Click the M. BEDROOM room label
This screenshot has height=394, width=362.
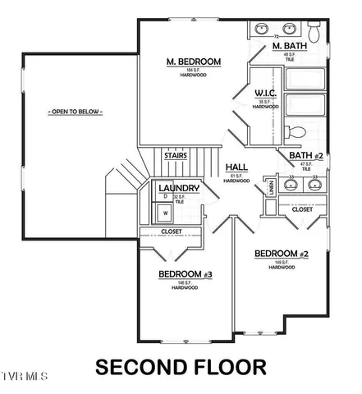click(x=193, y=62)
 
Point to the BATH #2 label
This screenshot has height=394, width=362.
click(x=304, y=155)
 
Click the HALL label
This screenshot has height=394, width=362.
click(x=236, y=166)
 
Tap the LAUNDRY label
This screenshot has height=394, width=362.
click(x=178, y=188)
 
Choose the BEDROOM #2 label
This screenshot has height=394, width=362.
click(x=281, y=254)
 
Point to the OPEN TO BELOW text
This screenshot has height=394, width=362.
click(x=73, y=110)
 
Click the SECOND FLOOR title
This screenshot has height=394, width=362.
click(x=180, y=366)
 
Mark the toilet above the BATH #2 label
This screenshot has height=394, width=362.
click(x=297, y=133)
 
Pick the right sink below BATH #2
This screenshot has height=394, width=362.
click(x=316, y=185)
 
